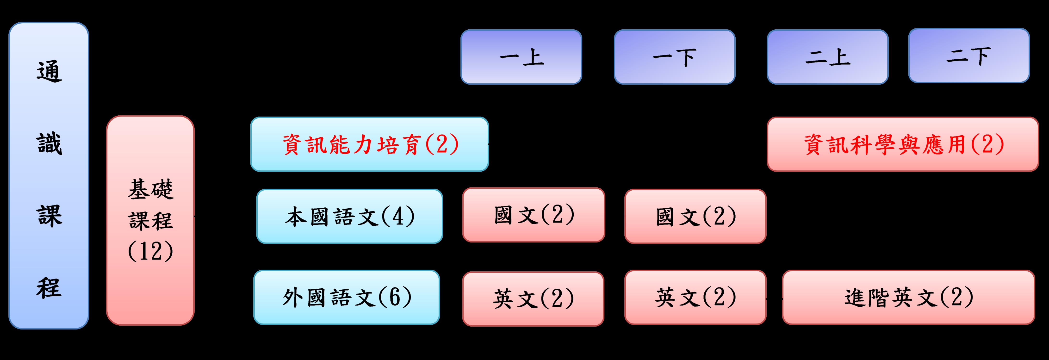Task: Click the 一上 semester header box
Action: click(x=521, y=57)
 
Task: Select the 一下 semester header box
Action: click(x=674, y=57)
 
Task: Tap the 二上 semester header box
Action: click(x=827, y=57)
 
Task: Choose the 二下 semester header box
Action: click(x=969, y=55)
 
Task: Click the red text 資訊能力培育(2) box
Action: click(x=369, y=144)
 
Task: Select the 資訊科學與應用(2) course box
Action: click(x=903, y=144)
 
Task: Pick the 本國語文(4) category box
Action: click(x=349, y=216)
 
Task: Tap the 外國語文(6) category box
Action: click(x=347, y=297)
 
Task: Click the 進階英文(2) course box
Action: click(x=908, y=297)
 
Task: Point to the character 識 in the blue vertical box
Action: click(x=49, y=144)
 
